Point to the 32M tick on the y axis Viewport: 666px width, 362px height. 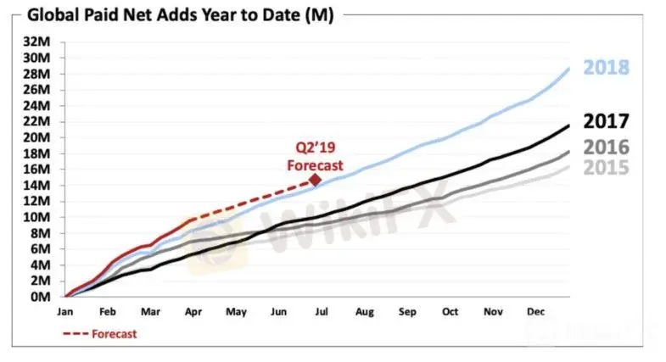pyautogui.click(x=36, y=42)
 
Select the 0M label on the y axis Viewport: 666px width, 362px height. pyautogui.click(x=40, y=297)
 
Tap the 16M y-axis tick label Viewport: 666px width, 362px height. pyautogui.click(x=36, y=169)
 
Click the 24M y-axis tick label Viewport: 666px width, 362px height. pyautogui.click(x=36, y=105)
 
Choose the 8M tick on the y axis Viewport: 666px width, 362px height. pyautogui.click(x=40, y=233)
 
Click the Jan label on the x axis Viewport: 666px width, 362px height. pyautogui.click(x=65, y=312)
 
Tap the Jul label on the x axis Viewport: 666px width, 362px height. pyautogui.click(x=322, y=312)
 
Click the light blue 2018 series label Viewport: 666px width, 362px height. pyautogui.click(x=606, y=68)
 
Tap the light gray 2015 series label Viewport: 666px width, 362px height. pyautogui.click(x=606, y=167)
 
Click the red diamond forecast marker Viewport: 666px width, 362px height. pyautogui.click(x=315, y=180)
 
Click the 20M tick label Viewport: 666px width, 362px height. pyautogui.click(x=36, y=137)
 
